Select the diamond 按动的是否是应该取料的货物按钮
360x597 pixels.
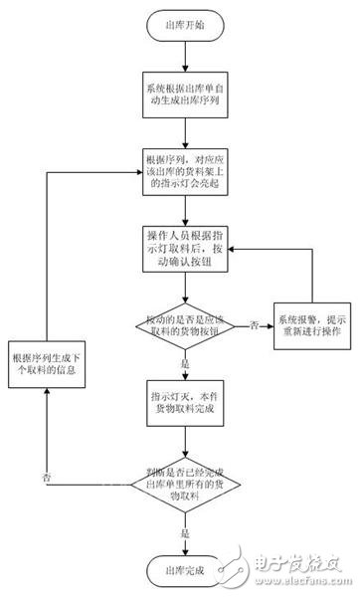186,324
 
